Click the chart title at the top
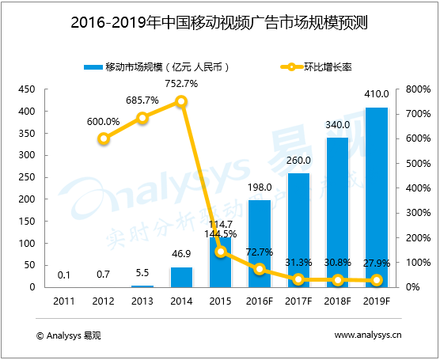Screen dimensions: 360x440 point(219,22)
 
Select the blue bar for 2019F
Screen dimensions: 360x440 point(376,198)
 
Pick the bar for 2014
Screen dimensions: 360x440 point(181,277)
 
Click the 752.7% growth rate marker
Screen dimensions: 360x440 point(181,101)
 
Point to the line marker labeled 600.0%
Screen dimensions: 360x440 point(104,138)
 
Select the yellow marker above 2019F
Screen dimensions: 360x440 point(376,280)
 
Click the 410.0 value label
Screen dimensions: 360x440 point(376,98)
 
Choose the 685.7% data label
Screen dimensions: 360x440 point(142,101)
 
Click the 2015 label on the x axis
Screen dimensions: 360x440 point(220,301)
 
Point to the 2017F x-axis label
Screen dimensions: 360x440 point(298,301)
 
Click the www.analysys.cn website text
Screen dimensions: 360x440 point(368,335)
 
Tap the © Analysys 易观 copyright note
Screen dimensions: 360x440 point(70,335)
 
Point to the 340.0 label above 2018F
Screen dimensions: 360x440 point(337,124)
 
